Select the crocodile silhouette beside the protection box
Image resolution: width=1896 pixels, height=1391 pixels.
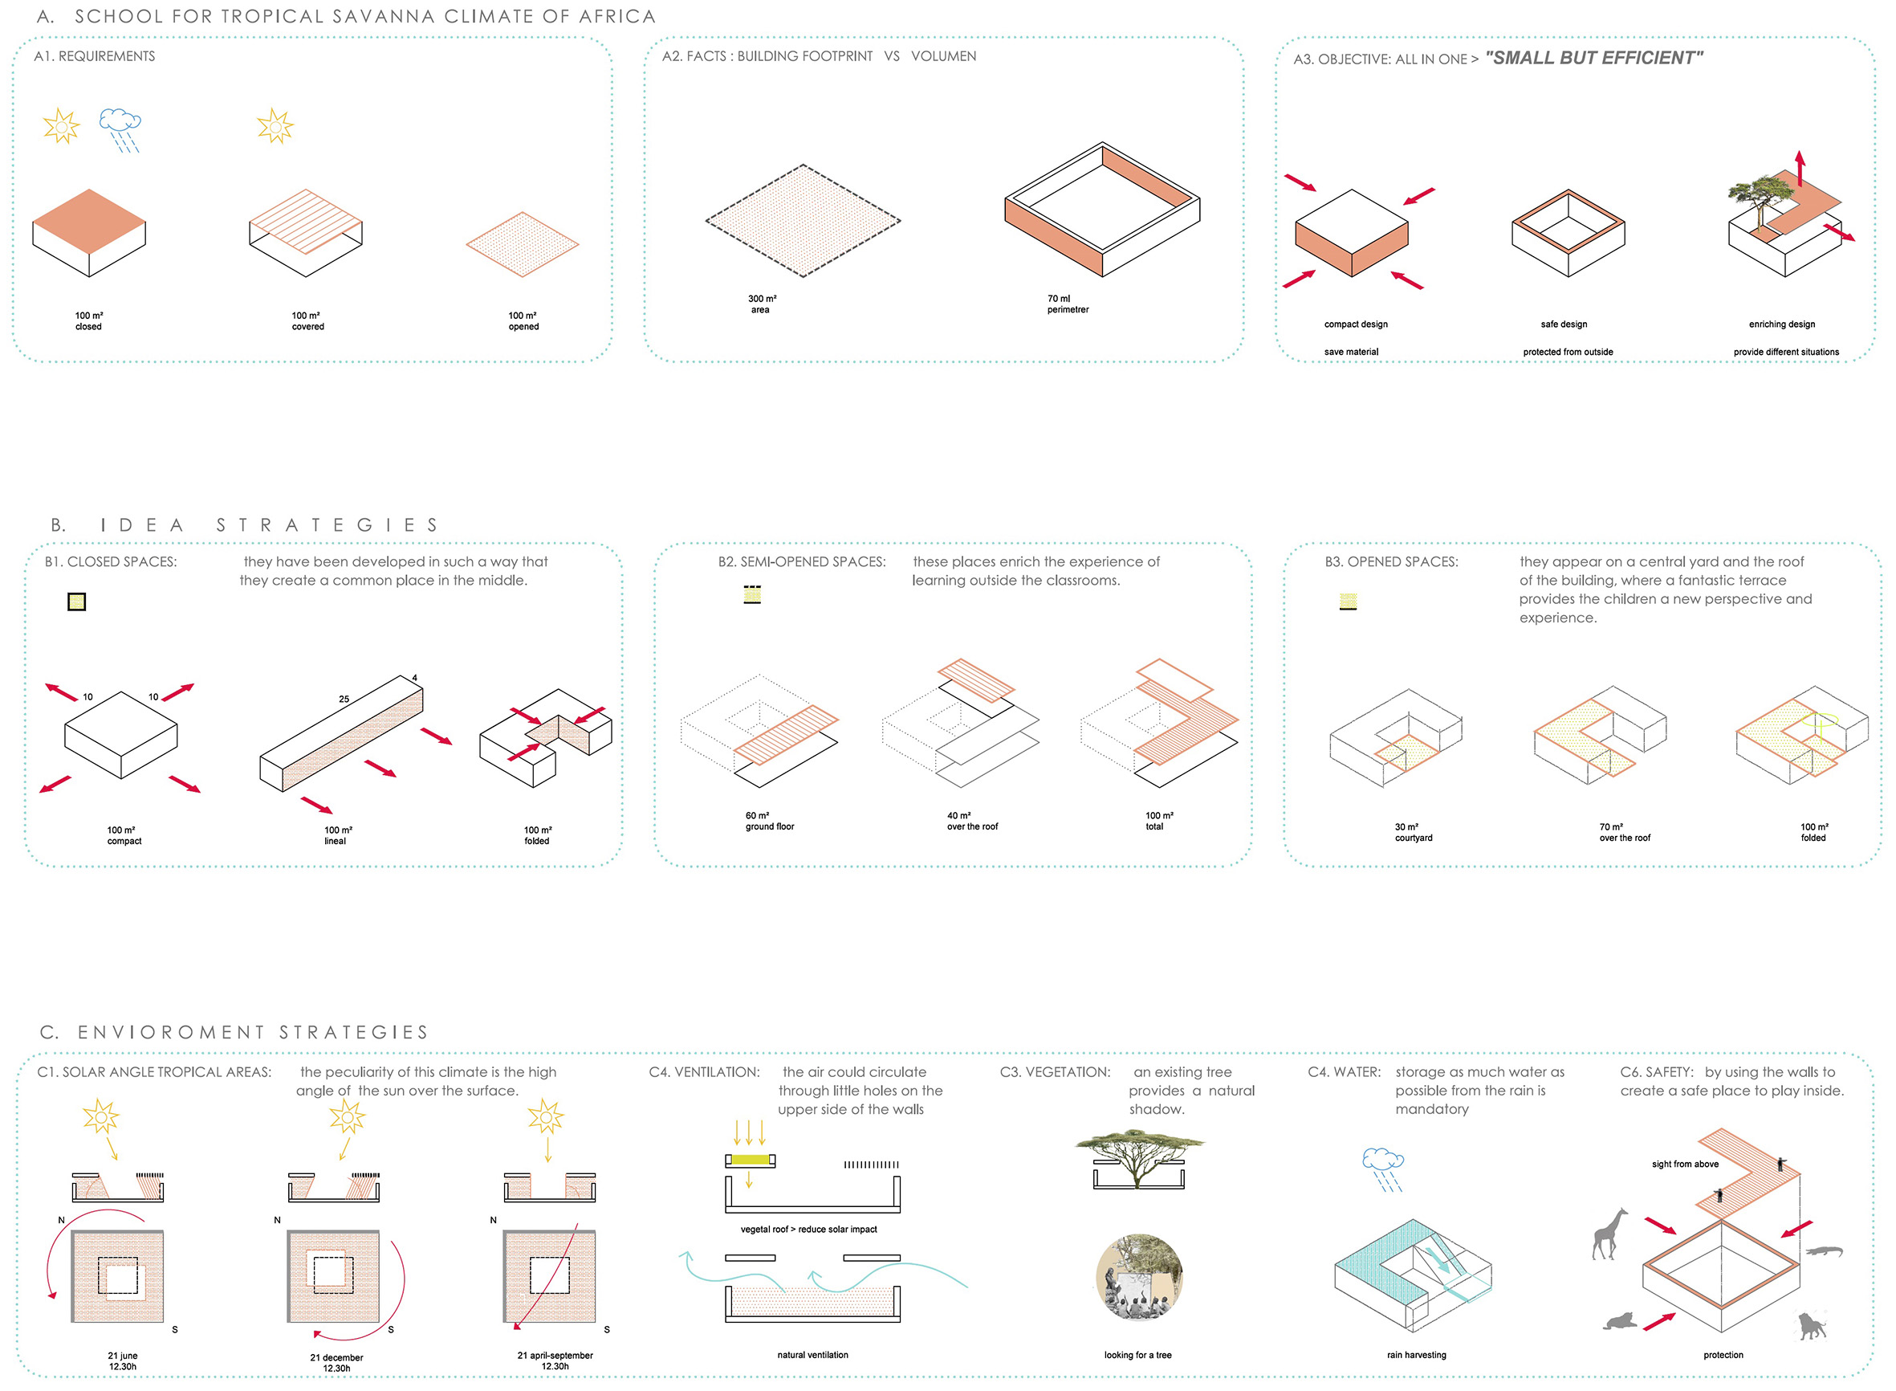(x=1824, y=1250)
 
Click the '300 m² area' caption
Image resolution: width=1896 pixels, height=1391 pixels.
(x=762, y=304)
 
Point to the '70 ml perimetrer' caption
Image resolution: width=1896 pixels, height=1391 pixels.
(x=1067, y=304)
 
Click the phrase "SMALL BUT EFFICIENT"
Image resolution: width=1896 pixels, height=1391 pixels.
(x=1594, y=58)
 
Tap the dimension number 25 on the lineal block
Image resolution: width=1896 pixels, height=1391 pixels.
(x=344, y=699)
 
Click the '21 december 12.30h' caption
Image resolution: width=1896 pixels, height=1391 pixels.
(x=336, y=1362)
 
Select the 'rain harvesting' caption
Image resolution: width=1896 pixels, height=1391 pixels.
(x=1416, y=1355)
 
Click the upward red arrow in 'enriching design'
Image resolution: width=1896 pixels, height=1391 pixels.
(x=1799, y=169)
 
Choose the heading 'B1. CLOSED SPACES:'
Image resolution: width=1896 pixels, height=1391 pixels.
(x=111, y=561)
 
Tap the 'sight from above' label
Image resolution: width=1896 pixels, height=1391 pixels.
(x=1685, y=1164)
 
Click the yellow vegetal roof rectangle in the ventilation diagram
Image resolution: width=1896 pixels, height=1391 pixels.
(x=750, y=1160)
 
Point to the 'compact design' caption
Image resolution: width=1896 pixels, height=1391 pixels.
(x=1356, y=324)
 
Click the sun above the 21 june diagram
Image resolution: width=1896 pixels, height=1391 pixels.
(x=101, y=1116)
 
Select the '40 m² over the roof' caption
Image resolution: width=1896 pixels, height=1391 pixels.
(x=972, y=821)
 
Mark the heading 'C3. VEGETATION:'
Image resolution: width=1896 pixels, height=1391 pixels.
(x=1055, y=1072)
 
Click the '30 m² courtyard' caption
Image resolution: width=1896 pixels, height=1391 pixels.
(x=1413, y=832)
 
